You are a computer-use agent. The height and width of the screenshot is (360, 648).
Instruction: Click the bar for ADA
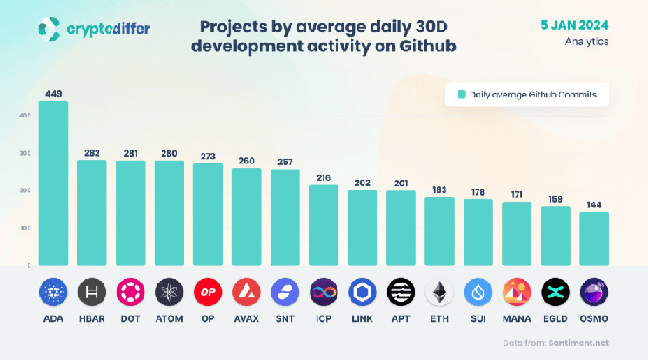point(53,183)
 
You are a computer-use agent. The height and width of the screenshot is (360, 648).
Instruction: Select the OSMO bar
point(594,238)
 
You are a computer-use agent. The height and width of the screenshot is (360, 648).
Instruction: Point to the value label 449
point(53,94)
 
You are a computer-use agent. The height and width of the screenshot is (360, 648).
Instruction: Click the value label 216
point(324,177)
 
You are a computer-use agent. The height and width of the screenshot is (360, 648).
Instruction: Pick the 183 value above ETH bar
point(439,190)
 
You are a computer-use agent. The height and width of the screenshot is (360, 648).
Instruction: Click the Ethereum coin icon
point(439,293)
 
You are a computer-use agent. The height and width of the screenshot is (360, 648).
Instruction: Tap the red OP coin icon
point(208,293)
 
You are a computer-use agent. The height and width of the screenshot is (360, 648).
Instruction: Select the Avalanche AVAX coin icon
point(246,293)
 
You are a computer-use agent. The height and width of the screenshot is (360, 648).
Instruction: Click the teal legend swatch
point(461,96)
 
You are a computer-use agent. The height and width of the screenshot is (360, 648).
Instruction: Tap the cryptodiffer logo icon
point(50,30)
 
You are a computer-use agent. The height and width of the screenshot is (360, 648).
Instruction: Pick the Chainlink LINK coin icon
point(362,293)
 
